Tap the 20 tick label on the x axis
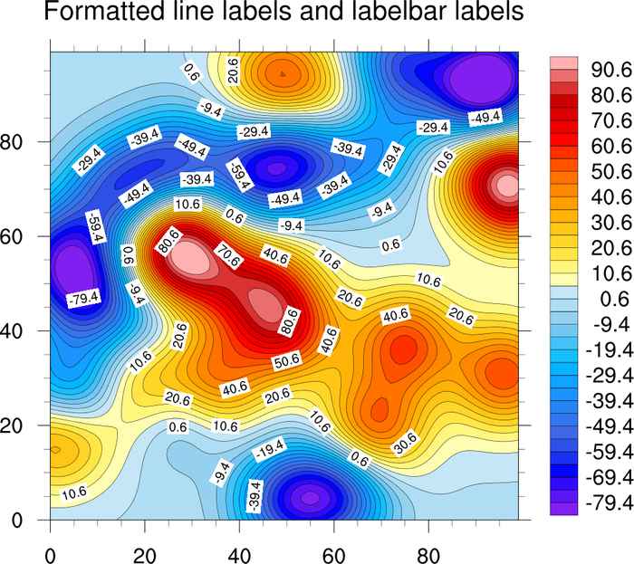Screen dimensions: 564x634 pos(145,550)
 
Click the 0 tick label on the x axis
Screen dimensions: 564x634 pos(51,550)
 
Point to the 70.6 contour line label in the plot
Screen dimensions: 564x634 pos(229,256)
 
